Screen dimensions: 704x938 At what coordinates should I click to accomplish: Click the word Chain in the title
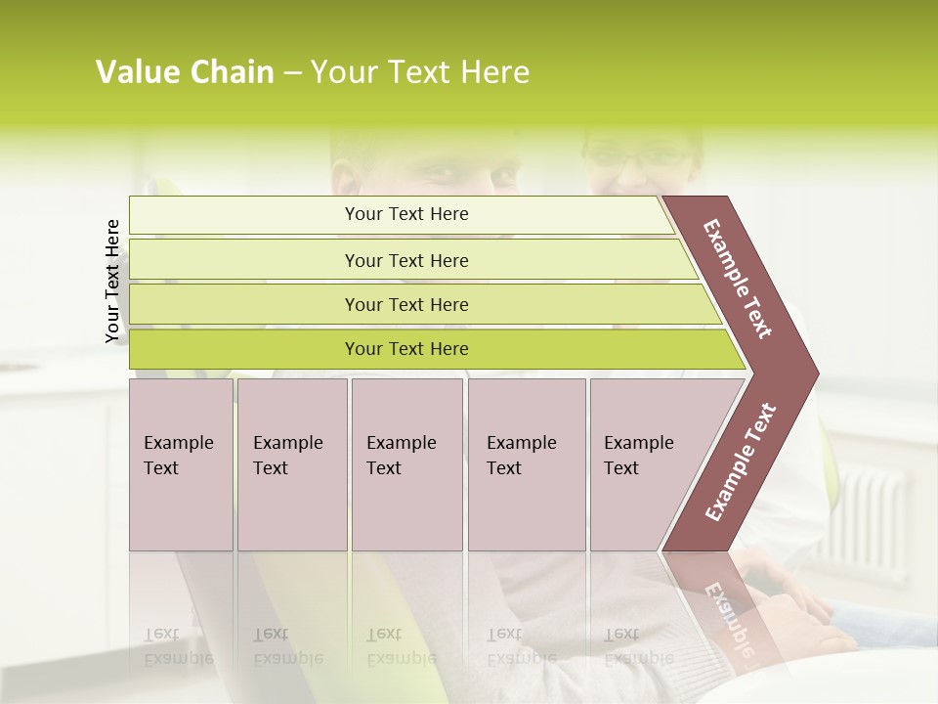(232, 72)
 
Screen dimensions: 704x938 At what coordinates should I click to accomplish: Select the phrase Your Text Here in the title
(420, 72)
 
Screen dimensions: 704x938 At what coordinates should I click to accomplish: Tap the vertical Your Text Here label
(112, 282)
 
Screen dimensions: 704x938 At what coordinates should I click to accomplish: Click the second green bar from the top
(405, 260)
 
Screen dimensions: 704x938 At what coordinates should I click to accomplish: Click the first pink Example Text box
(181, 464)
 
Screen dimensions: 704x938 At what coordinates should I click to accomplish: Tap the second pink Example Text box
(291, 464)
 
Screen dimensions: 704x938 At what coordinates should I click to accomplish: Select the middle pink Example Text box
(406, 464)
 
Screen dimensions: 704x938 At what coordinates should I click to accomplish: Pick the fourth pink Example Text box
(526, 464)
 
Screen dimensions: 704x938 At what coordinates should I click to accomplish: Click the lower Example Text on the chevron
(741, 462)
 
